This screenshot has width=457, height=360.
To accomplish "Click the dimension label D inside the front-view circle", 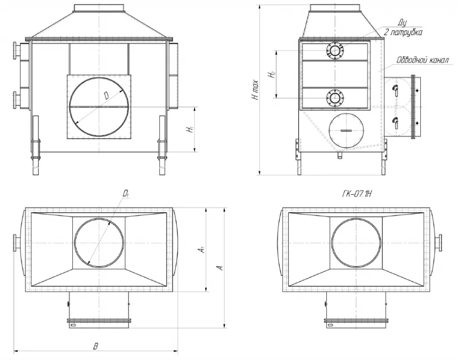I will [106, 96].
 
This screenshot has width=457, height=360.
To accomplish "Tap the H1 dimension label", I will [190, 129].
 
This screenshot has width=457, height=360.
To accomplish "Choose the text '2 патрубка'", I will [403, 32].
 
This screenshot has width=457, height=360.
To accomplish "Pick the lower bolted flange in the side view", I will [335, 98].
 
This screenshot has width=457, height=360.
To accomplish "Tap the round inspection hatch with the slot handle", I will [347, 130].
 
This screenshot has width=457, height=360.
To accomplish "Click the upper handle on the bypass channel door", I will [395, 91].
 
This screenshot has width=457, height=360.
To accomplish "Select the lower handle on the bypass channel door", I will [395, 121].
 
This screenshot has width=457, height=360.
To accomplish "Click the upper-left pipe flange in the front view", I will [17, 50].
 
